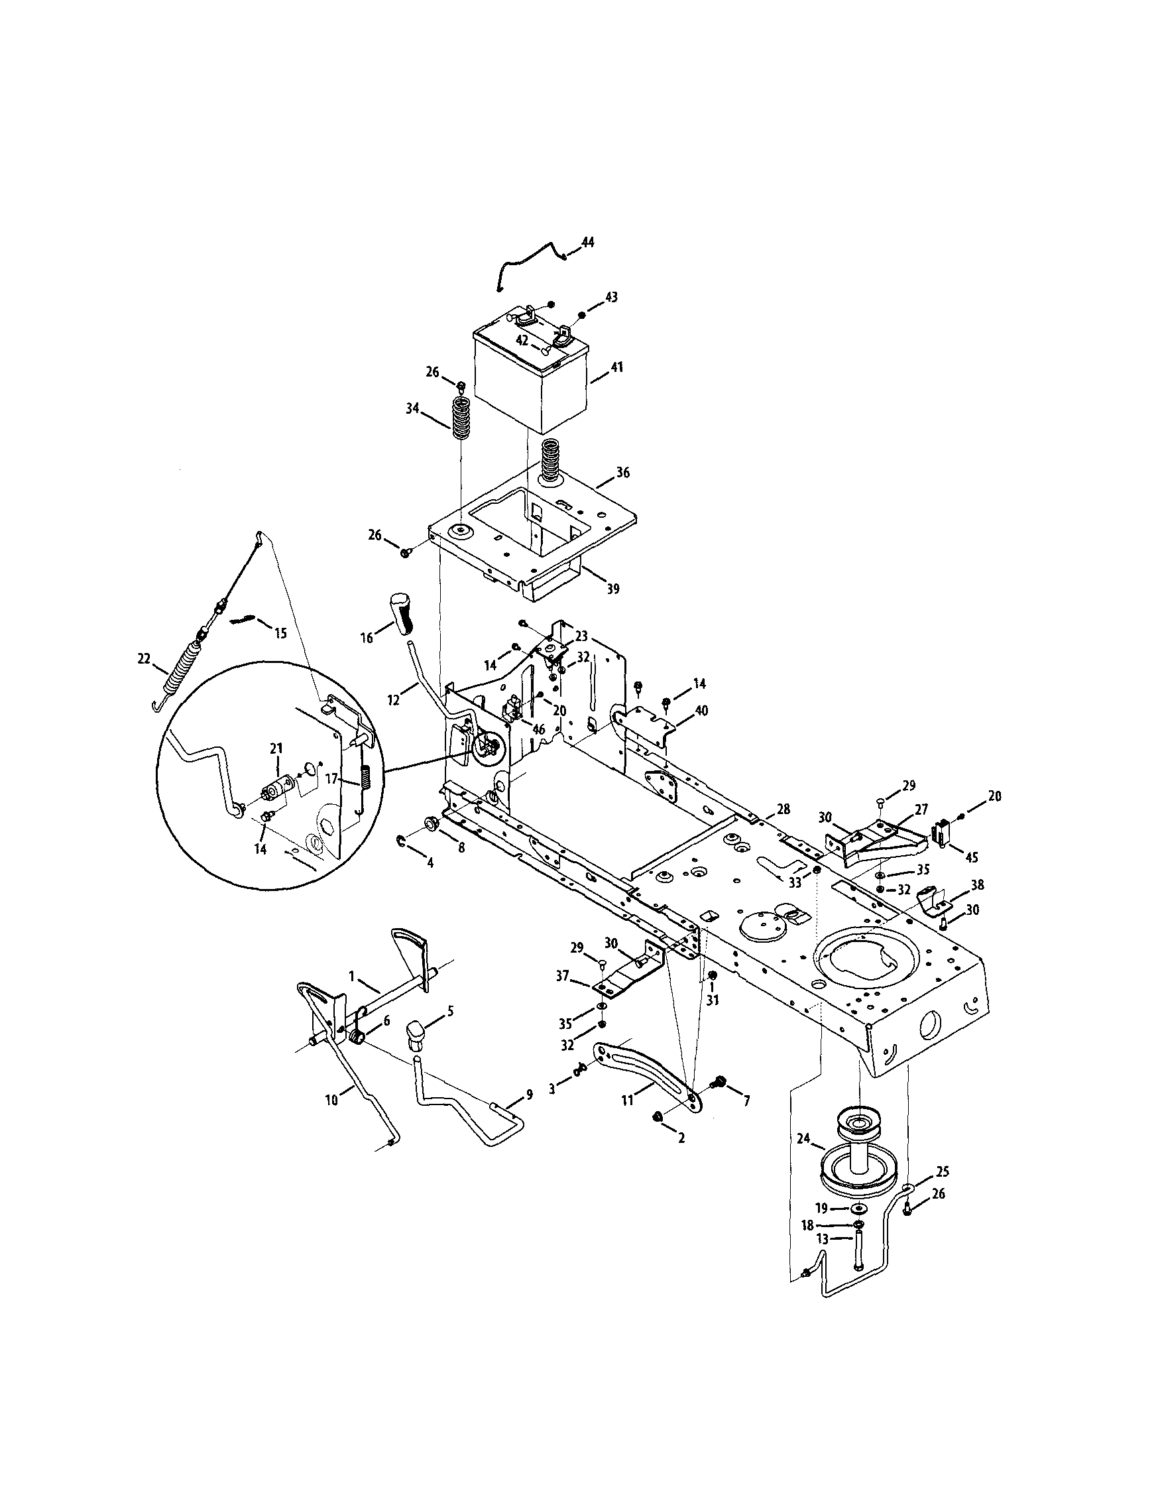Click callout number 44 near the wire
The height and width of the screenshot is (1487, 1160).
tap(587, 242)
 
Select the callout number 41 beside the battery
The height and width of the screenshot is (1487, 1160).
tap(616, 367)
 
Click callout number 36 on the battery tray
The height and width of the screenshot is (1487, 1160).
tap(623, 472)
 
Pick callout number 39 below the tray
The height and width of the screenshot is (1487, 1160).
tap(612, 588)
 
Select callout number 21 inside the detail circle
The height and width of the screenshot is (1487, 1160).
tap(276, 749)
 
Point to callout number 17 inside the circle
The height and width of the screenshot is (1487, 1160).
tap(331, 779)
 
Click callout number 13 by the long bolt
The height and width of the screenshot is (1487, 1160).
tap(823, 1239)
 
